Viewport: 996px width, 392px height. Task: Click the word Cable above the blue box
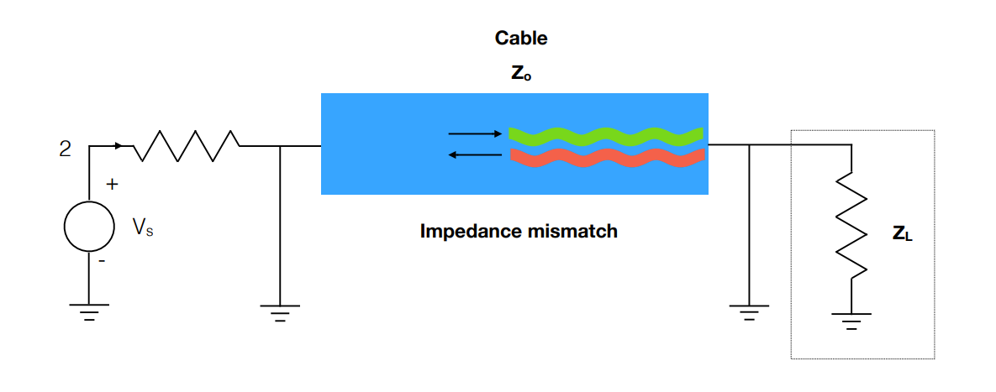tap(521, 38)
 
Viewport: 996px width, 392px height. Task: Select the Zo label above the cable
tap(521, 74)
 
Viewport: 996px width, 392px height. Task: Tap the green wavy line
tap(606, 134)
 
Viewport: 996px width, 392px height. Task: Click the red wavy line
tap(606, 157)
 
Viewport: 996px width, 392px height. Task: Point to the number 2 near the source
tap(65, 150)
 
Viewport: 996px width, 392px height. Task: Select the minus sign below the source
tap(102, 260)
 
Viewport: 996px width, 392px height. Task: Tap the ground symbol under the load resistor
tap(851, 320)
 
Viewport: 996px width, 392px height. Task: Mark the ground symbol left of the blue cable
tap(280, 312)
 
